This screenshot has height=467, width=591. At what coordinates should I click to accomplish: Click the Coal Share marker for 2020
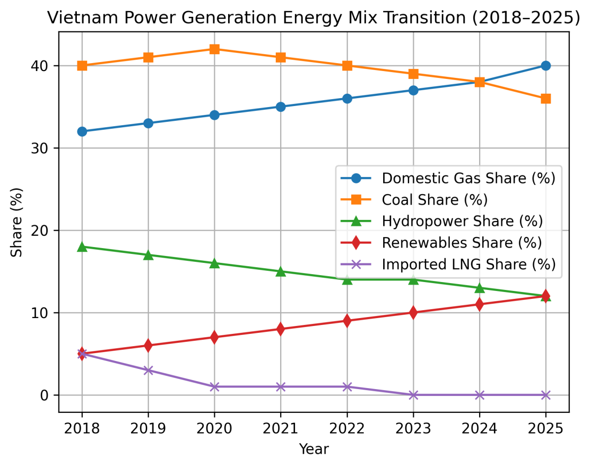coord(214,49)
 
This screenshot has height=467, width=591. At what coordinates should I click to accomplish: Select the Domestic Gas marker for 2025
coord(546,66)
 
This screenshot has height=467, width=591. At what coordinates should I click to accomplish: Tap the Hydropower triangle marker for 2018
coord(82,247)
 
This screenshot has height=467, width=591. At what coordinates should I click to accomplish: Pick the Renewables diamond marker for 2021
coord(281,329)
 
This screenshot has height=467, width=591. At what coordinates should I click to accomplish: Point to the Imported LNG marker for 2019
coord(148,370)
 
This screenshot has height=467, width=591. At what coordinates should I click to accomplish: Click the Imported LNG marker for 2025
coord(546,395)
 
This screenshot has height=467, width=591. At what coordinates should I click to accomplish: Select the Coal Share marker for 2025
coord(546,99)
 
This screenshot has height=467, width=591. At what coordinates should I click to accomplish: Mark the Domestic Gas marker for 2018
coord(82,131)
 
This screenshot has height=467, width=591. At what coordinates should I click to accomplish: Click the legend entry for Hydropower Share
coord(462,221)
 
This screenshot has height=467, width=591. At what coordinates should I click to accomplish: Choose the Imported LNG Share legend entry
coord(468,264)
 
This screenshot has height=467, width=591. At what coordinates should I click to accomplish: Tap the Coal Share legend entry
coord(434,199)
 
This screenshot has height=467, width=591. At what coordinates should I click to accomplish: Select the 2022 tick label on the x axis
coord(347,427)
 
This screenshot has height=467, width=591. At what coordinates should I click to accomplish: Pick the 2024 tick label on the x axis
coord(479,427)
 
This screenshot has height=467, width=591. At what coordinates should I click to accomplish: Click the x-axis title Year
coord(314,449)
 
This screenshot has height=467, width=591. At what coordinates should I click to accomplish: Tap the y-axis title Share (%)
coord(17,222)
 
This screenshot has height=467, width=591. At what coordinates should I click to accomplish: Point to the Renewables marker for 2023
coord(413,313)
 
